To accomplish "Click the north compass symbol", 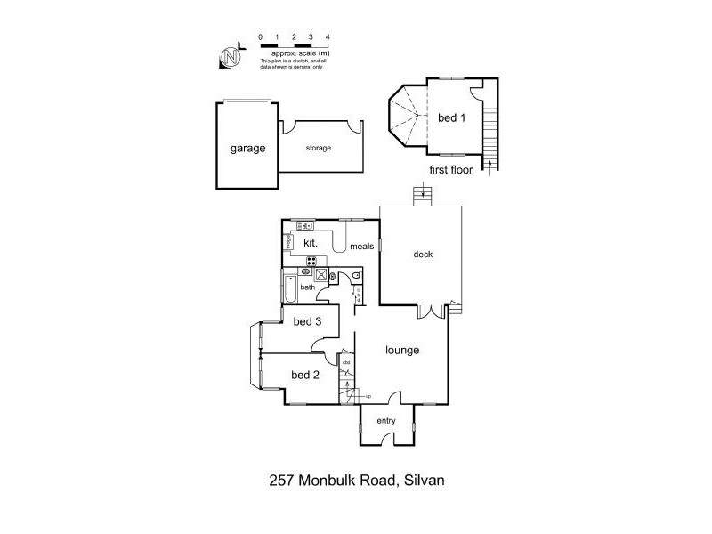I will pyautogui.click(x=231, y=55).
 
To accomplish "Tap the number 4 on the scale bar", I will pyautogui.click(x=328, y=36).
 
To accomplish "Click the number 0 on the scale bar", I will pyautogui.click(x=260, y=36).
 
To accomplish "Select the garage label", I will pyautogui.click(x=247, y=149).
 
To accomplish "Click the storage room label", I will pyautogui.click(x=318, y=148).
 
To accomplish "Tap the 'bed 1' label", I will pyautogui.click(x=451, y=117).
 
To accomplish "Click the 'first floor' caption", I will pyautogui.click(x=450, y=168).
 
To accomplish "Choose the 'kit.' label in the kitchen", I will pyautogui.click(x=311, y=242).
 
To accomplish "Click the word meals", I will pyautogui.click(x=361, y=247).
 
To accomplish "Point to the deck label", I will pyautogui.click(x=423, y=254).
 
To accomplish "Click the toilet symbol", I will pyautogui.click(x=354, y=278).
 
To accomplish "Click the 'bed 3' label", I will pyautogui.click(x=306, y=321).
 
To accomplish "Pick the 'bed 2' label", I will pyautogui.click(x=304, y=375).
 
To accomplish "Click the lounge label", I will pyautogui.click(x=402, y=350).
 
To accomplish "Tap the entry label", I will pyautogui.click(x=386, y=421).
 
